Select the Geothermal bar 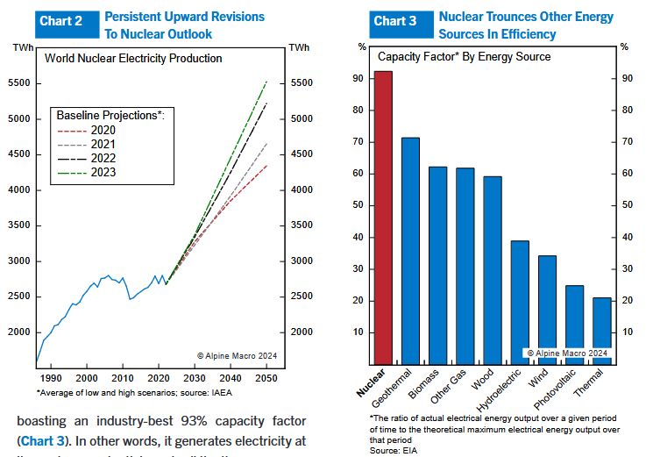[x=410, y=250]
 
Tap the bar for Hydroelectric [x=520, y=302]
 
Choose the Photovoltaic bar [x=574, y=324]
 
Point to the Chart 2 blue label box [x=67, y=21]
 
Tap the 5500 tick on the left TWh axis [x=20, y=83]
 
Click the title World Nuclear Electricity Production [x=133, y=59]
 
